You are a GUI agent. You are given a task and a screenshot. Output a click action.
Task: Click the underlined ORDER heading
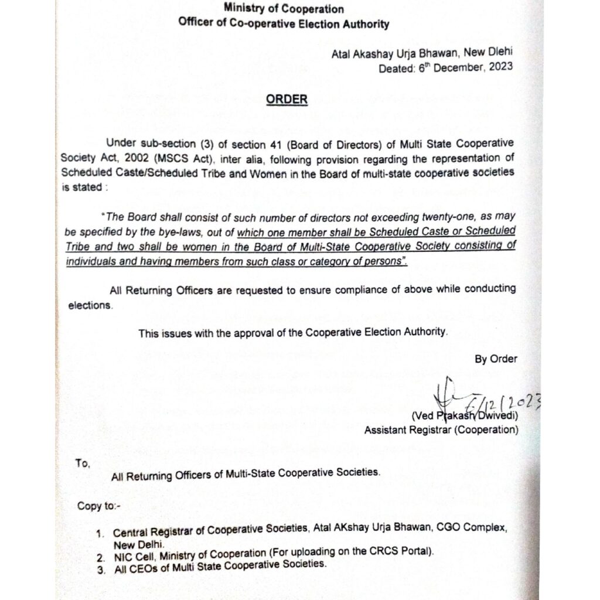point(287,99)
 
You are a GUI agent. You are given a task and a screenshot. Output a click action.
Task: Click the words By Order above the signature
point(496,359)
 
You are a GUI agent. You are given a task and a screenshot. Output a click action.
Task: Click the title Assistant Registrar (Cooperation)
point(441,430)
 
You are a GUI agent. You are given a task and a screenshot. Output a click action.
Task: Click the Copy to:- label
point(98,506)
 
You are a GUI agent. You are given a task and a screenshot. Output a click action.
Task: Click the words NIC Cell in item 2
point(132,554)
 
